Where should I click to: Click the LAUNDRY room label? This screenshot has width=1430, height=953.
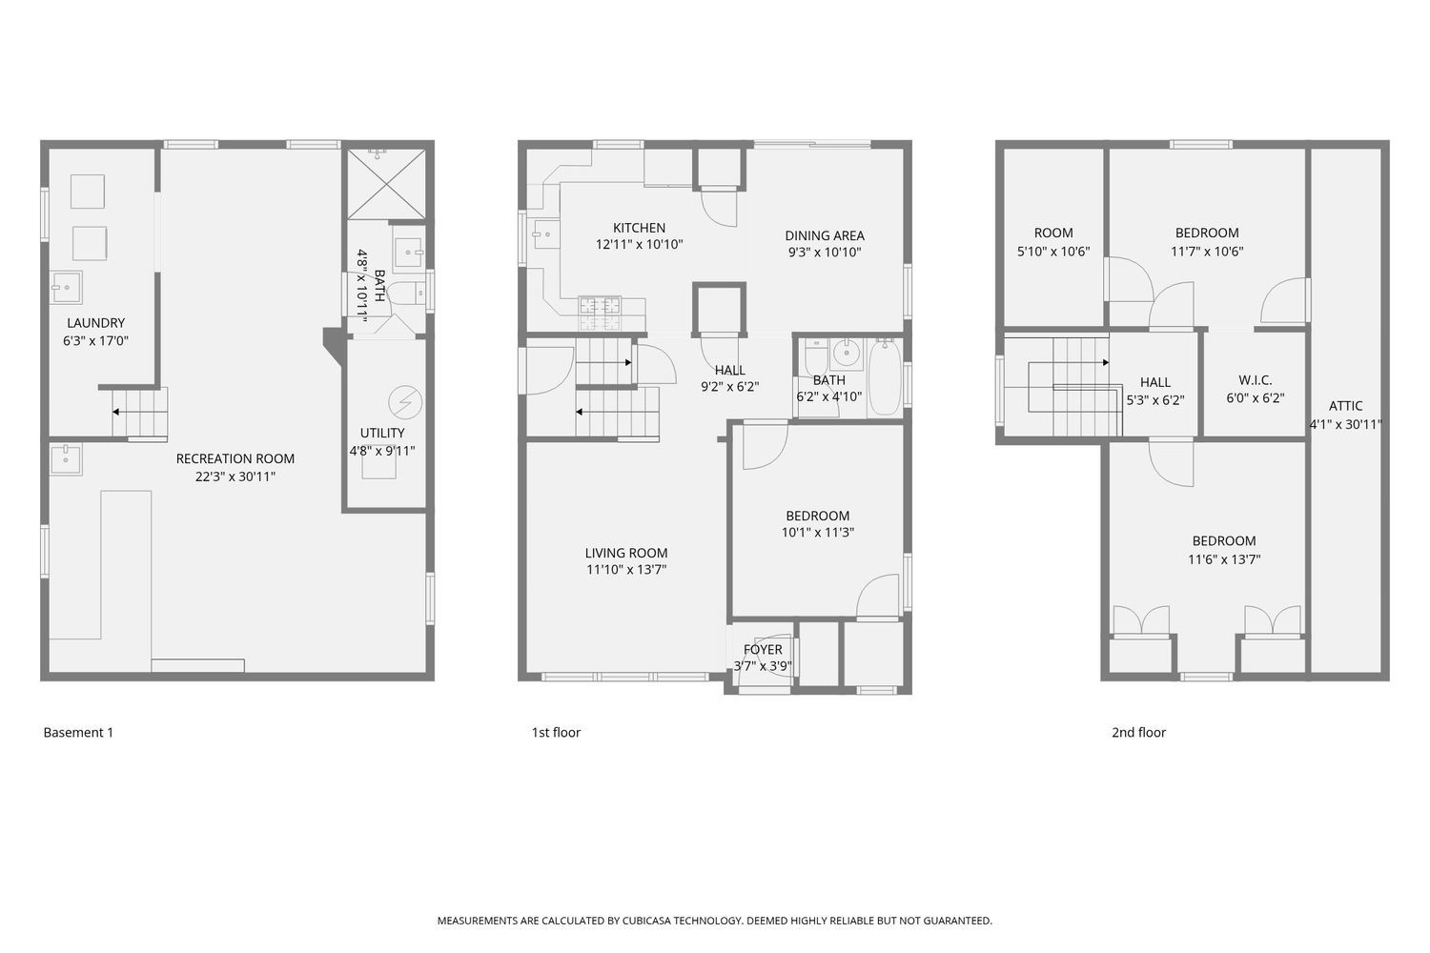coord(95,323)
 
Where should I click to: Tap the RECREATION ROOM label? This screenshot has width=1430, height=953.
coord(235,458)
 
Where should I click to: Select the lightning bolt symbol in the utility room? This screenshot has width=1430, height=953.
coord(405,402)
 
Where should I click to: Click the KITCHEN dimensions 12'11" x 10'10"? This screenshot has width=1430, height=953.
coord(639,244)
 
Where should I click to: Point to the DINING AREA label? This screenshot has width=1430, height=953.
coord(825,235)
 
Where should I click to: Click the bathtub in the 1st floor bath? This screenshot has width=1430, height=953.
coord(884,378)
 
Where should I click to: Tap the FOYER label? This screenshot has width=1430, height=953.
coord(763,650)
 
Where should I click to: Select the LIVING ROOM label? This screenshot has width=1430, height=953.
coord(626,553)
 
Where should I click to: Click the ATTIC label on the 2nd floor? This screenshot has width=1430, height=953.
coord(1345,406)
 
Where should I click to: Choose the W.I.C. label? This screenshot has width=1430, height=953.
coord(1255,380)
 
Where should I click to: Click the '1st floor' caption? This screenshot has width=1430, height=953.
coord(556,733)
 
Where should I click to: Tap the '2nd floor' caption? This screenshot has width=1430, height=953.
coord(1138,733)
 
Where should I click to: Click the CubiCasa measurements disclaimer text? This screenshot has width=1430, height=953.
coord(714,921)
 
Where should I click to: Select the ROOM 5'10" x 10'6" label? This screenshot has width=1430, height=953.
coord(1053,233)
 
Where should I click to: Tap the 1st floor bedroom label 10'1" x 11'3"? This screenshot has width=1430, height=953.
coord(817,533)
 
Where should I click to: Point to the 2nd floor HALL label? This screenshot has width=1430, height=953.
coord(1154,382)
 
